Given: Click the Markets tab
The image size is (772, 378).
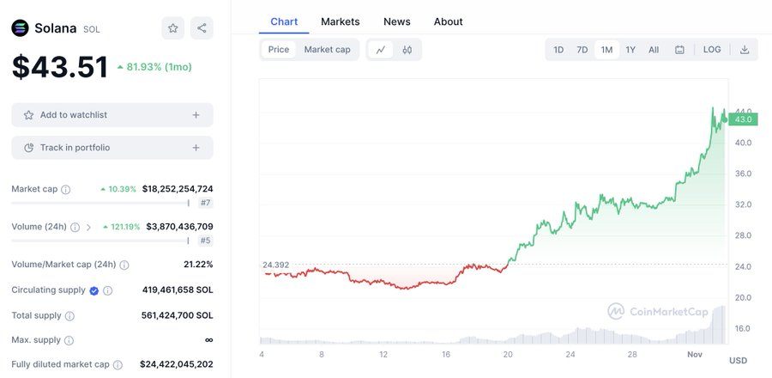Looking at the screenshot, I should click(x=340, y=21).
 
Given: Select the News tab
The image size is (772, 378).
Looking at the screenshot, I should click(x=396, y=21).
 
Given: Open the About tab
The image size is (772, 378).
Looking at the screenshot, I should click(x=448, y=21).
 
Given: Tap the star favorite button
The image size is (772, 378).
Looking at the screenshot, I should click(x=172, y=28).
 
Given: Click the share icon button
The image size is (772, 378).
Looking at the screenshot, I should click(x=202, y=28).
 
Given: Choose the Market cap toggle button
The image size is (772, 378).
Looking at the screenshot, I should click(x=327, y=50).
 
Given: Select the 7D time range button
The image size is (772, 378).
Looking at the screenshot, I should click(x=582, y=50).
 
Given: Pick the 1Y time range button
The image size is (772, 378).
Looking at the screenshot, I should click(x=630, y=50).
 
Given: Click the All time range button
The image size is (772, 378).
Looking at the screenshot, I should click(x=654, y=50).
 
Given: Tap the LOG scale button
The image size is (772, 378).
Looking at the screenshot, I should click(x=712, y=50).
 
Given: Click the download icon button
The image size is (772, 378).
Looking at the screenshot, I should click(x=745, y=50).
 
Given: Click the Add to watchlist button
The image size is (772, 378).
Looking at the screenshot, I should click(x=112, y=115).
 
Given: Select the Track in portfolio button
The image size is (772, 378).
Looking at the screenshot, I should click(x=112, y=148).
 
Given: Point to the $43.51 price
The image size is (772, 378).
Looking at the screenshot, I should click(x=60, y=67).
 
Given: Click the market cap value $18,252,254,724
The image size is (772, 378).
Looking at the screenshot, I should click(x=178, y=189).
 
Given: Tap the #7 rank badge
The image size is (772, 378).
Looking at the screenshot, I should click(x=205, y=203).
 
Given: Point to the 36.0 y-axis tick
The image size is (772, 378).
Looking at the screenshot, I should click(x=743, y=174).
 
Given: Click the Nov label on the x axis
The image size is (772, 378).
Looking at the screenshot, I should click(x=696, y=354).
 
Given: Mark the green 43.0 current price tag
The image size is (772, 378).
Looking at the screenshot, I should click(x=743, y=119).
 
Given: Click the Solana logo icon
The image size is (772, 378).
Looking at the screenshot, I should click(x=20, y=28).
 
